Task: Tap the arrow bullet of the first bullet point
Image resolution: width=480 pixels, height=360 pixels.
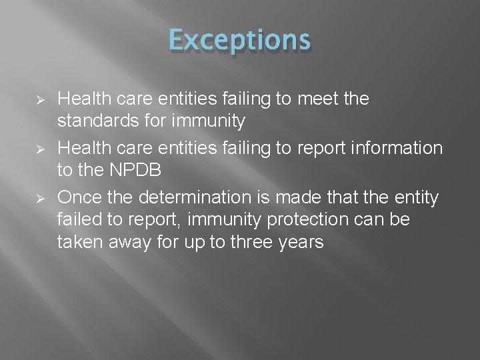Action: click(x=39, y=101)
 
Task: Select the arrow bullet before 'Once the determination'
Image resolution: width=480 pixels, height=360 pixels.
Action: click(x=39, y=198)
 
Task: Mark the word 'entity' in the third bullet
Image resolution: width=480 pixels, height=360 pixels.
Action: click(x=418, y=197)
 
